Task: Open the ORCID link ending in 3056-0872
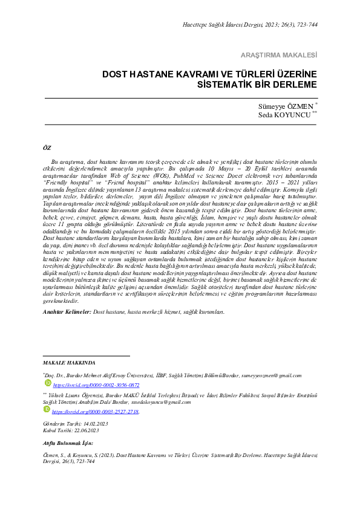96,384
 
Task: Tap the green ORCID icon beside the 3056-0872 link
47,384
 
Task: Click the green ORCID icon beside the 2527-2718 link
47,410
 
